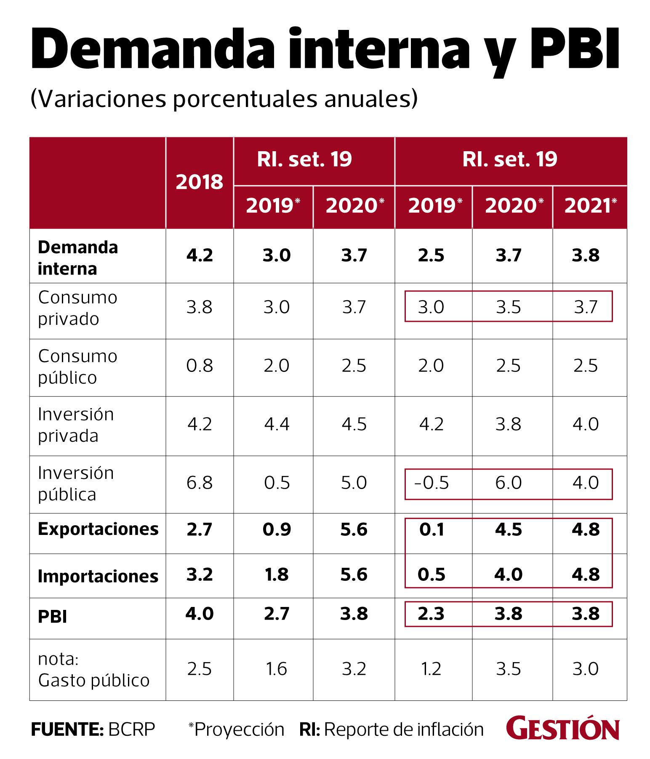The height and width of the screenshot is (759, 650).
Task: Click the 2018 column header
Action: click(199, 182)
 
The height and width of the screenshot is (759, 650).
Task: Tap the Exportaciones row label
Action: click(98, 529)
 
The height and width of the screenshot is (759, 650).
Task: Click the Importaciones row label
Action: click(98, 576)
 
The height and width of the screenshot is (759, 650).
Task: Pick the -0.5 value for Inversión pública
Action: click(432, 483)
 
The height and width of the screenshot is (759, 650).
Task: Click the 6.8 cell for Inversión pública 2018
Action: click(199, 483)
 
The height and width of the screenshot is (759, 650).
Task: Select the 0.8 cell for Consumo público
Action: click(199, 366)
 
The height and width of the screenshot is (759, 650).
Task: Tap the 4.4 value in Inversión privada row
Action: click(277, 424)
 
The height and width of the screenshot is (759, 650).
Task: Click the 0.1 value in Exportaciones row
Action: click(432, 529)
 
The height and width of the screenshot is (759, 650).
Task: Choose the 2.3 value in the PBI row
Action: click(432, 614)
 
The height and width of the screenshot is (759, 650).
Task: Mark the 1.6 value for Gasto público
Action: click(277, 669)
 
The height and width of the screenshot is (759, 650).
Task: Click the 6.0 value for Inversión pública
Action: click(509, 483)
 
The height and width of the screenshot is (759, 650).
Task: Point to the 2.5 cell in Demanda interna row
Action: click(432, 256)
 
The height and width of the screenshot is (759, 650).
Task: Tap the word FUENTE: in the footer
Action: click(67, 729)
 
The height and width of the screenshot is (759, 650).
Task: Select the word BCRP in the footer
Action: click(132, 729)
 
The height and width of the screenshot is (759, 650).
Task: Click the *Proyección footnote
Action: click(236, 729)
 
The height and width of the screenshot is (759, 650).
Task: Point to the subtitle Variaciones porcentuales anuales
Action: click(224, 100)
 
